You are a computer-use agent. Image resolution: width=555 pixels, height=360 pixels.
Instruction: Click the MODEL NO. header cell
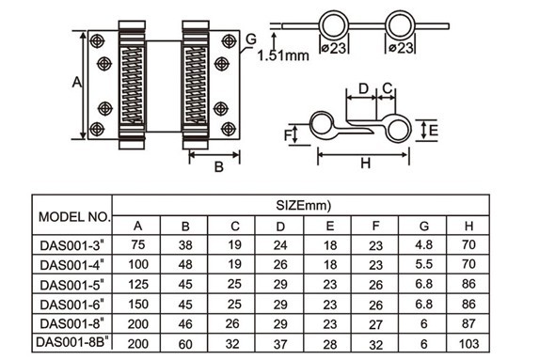point(73,216)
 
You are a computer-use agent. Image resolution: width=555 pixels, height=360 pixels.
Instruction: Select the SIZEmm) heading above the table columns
point(300,204)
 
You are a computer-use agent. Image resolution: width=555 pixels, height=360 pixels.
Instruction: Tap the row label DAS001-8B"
point(73,343)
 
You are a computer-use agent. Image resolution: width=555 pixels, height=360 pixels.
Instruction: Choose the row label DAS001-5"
point(73,284)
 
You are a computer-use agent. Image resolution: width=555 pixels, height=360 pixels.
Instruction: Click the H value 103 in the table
point(468,343)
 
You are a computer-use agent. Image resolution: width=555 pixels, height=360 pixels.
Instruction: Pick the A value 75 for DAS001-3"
point(138,245)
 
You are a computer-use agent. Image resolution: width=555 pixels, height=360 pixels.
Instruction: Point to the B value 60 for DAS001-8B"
point(185,343)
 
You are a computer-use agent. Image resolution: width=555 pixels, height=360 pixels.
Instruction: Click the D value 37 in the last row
point(281,343)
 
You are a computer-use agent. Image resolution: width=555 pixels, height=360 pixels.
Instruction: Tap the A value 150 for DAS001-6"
point(138,304)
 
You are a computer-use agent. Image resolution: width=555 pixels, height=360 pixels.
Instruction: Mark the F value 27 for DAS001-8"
point(375,323)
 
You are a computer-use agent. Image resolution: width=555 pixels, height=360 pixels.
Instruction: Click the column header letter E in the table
point(328,226)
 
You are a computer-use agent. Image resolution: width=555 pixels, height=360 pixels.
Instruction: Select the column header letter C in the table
point(234,226)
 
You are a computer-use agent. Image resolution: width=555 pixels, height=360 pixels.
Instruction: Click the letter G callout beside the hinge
point(250,38)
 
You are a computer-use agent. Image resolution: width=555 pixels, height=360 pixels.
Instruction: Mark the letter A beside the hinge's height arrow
point(76,83)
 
